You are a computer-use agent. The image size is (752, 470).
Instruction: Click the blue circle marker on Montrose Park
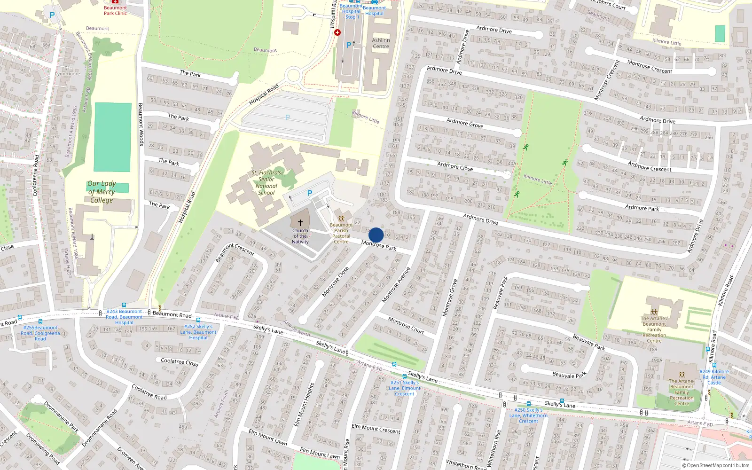coord(376,235)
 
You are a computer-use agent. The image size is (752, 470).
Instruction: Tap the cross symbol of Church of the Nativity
coord(300,223)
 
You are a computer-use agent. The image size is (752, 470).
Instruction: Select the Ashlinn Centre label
coord(381,43)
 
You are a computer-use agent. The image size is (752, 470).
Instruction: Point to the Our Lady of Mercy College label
coord(102,192)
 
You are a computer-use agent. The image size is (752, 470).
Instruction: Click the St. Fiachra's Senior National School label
coord(266,182)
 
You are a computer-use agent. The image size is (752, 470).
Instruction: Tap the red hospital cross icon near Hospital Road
coord(337,32)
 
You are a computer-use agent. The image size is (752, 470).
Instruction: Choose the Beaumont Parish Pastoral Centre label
coord(341,233)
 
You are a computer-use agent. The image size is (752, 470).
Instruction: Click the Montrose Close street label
coord(335,282)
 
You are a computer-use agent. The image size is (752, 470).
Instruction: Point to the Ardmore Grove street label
coord(465,123)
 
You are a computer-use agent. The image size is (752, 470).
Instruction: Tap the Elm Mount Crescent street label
coord(376,429)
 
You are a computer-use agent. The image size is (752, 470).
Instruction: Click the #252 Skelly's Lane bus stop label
coord(198,332)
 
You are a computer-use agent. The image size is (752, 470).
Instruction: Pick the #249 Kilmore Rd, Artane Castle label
coord(714,377)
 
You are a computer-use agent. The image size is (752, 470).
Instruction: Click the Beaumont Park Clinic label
coord(115,10)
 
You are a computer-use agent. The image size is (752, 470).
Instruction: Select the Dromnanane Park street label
coord(62,416)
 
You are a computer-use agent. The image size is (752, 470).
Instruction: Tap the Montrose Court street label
coord(406,325)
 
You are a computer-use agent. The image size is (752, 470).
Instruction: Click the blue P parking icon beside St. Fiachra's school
coord(310,193)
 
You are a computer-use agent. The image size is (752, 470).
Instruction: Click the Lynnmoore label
coord(67,74)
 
